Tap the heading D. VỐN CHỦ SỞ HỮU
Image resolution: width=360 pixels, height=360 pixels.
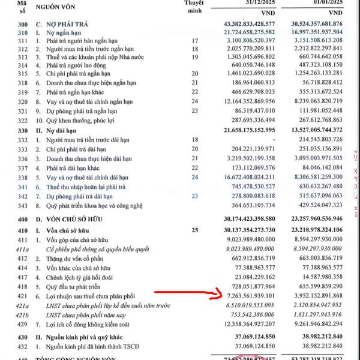[76, 219]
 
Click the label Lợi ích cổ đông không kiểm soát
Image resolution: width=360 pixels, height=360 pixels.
[98, 323]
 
